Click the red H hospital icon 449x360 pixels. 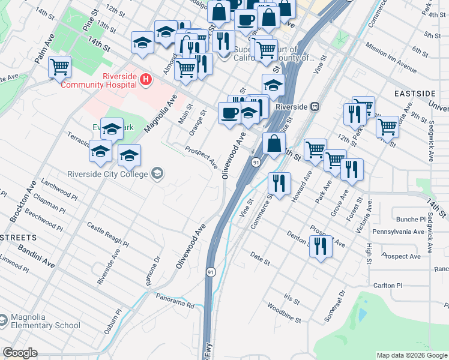point(145,79)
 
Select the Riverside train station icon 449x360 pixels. point(315,107)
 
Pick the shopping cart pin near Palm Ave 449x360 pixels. point(60,67)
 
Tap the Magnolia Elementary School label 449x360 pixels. point(45,320)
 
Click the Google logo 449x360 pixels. point(20,353)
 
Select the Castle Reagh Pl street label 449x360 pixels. point(107,234)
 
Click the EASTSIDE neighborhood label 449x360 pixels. point(415,94)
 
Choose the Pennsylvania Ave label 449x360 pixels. point(399,231)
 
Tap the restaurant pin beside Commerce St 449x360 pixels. point(279,182)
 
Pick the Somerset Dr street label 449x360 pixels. point(334,306)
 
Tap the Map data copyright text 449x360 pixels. point(412,355)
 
